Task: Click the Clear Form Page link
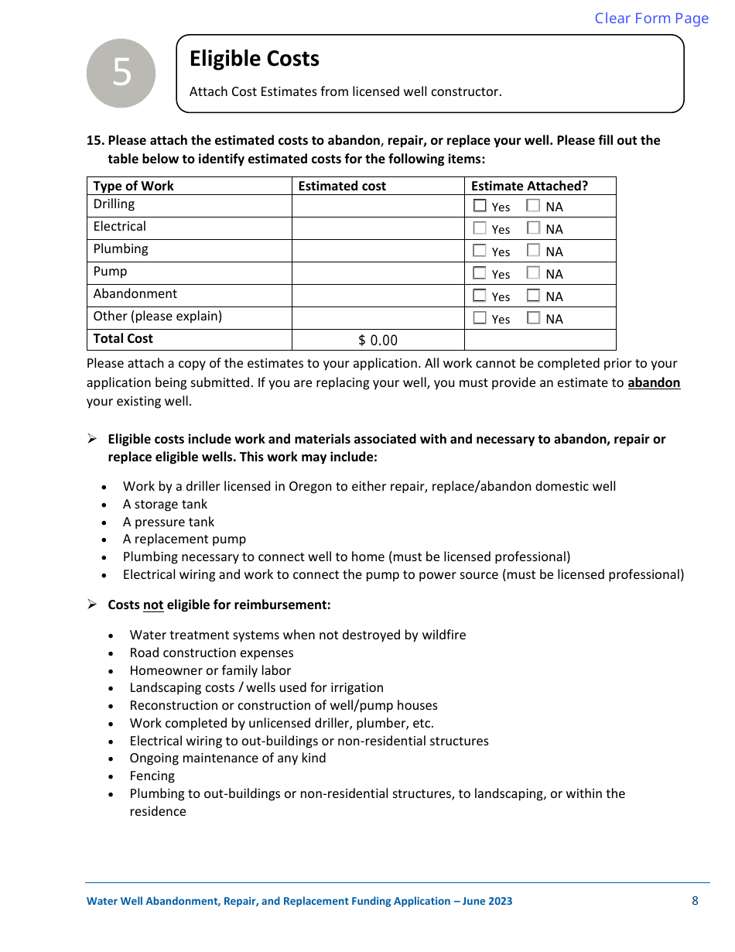(651, 19)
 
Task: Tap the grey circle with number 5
(121, 73)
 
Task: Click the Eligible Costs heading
(255, 59)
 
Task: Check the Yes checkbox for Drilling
(480, 206)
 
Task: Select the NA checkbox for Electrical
(533, 228)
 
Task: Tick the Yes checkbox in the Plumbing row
(480, 251)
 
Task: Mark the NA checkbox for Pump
(533, 273)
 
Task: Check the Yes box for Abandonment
(480, 296)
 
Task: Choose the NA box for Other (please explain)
(533, 318)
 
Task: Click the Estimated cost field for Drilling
(378, 205)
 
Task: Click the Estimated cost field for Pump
(378, 272)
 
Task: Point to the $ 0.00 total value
(378, 341)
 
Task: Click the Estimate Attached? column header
(529, 186)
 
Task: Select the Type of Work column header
(134, 186)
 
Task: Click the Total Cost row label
(123, 339)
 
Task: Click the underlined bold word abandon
(654, 383)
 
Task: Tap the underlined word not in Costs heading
(153, 604)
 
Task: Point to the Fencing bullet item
(152, 776)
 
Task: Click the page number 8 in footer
(695, 901)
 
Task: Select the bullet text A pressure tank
(169, 522)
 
